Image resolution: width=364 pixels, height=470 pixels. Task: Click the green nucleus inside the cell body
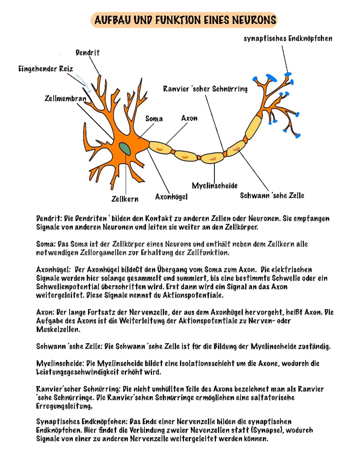coord(125,148)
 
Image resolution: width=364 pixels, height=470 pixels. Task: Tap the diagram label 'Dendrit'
coord(88,53)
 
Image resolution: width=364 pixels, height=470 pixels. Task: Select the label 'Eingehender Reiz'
coord(45,69)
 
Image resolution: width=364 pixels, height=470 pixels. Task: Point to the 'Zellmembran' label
coord(65,98)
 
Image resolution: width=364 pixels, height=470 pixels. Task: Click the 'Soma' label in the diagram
coord(154,119)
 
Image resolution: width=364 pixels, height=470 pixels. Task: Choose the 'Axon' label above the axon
coord(189,118)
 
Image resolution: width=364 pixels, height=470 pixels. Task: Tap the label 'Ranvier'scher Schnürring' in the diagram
coord(205,89)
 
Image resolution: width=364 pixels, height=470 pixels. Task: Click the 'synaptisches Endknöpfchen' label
coord(288,38)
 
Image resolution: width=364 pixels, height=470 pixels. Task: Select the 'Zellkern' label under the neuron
coord(125,199)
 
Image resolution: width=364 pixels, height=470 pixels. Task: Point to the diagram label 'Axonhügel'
coord(171,197)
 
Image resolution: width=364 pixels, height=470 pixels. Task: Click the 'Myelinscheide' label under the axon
coord(215,185)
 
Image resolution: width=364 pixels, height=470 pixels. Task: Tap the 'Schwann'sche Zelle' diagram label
coord(272,196)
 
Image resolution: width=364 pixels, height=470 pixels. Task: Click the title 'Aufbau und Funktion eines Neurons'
coord(185,20)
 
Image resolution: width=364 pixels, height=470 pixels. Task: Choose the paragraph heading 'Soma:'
coord(46,244)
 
